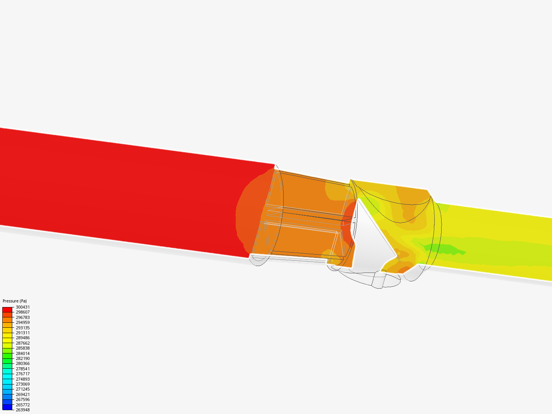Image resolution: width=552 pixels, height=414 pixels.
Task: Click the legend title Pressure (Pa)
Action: point(15,301)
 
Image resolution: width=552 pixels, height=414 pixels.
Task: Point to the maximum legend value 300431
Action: point(23,307)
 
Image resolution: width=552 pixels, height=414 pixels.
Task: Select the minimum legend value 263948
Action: point(23,410)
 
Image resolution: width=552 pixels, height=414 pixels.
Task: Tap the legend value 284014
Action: point(23,353)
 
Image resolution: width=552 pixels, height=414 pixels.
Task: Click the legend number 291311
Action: point(23,333)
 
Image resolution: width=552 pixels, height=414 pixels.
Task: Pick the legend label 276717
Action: point(23,374)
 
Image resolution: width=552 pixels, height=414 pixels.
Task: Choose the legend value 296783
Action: point(23,317)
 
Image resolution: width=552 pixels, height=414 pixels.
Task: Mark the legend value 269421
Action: point(23,394)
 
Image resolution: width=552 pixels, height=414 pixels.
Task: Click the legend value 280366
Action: point(23,363)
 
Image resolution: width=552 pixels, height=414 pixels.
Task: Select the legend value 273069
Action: point(23,384)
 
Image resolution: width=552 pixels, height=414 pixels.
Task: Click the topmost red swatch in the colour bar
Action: point(7,309)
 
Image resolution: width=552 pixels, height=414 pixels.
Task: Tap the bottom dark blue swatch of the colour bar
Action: point(7,407)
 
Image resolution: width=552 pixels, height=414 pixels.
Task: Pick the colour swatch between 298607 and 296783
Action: point(7,315)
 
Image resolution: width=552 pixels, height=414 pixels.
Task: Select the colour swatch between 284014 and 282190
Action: point(7,356)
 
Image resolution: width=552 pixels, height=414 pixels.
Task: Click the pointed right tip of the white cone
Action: point(395,256)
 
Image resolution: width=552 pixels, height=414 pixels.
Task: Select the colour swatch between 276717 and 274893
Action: point(7,376)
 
